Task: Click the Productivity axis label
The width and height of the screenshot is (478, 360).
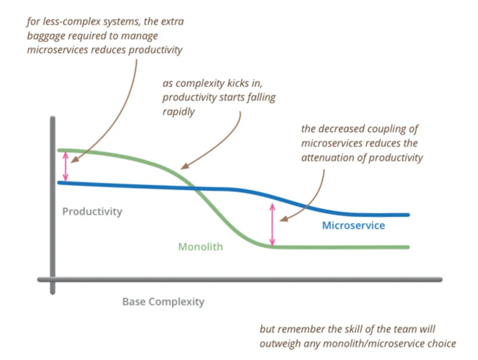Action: (x=92, y=212)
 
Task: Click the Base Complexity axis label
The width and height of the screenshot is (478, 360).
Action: (x=163, y=302)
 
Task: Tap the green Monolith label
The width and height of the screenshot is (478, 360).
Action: (x=201, y=247)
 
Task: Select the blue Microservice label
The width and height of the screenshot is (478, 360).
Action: (x=353, y=226)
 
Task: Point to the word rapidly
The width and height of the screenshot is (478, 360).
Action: (x=179, y=112)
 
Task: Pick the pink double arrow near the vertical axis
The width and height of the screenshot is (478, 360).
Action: (x=66, y=166)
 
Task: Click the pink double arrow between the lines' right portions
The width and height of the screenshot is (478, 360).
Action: (x=272, y=225)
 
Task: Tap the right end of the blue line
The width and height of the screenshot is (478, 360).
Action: (x=408, y=215)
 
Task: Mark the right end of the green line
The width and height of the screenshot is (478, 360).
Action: (x=408, y=247)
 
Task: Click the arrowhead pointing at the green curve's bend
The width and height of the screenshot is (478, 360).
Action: (x=184, y=166)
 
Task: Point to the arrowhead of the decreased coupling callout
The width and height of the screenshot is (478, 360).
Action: (x=284, y=219)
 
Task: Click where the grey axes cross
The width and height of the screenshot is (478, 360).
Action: (x=53, y=279)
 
